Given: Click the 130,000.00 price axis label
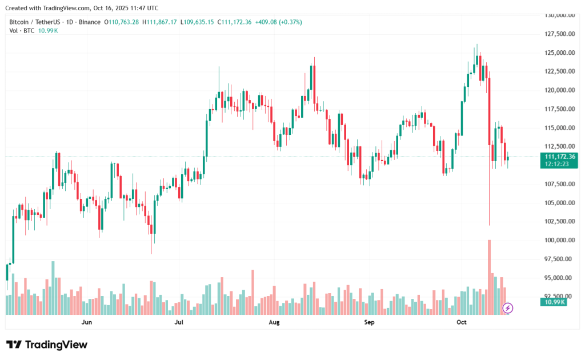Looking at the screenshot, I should coord(560,15).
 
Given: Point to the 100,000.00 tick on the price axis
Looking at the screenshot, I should coord(560,241).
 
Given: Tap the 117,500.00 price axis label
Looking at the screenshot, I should coord(560,109).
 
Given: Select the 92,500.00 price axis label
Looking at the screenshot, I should coord(560,297).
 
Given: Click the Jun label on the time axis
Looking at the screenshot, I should coord(87,323).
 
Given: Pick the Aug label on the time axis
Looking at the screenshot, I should coord(274,323).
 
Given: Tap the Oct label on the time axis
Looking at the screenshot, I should coord(462,323).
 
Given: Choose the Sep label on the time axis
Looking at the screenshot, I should coord(369,323).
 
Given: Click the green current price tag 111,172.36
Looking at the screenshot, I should coord(560,157).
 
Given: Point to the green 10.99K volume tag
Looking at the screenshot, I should coord(554,302).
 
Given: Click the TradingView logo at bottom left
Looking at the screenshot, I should coord(47,345).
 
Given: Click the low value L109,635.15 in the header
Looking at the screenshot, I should coord(197,22).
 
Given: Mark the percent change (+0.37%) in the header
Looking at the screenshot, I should coord(289,22).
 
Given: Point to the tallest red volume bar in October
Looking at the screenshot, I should coord(490,277).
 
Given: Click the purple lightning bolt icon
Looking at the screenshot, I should coord(508,309).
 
